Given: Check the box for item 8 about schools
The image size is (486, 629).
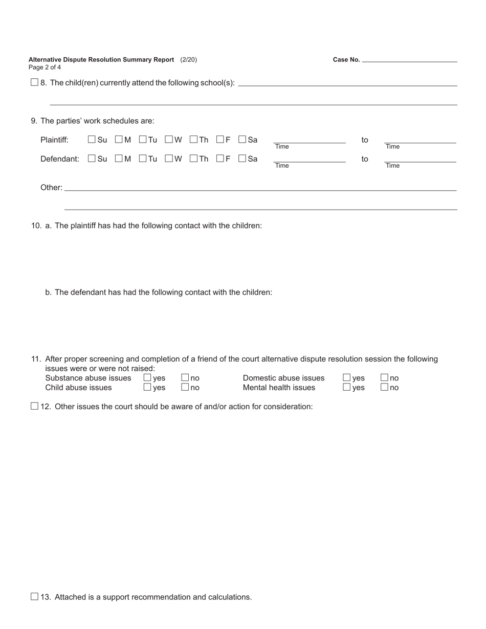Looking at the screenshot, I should pyautogui.click(x=34, y=82).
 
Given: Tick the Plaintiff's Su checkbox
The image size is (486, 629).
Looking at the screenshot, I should pyautogui.click(x=92, y=139).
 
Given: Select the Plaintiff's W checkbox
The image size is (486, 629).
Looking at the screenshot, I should pyautogui.click(x=169, y=139).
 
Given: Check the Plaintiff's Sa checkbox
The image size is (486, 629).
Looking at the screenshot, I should pyautogui.click(x=242, y=139).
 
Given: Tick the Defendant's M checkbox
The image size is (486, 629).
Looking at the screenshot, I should pyautogui.click(x=119, y=159).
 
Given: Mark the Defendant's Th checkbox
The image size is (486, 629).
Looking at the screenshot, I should pyautogui.click(x=193, y=159).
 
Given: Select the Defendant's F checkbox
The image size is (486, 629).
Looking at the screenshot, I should pyautogui.click(x=220, y=159).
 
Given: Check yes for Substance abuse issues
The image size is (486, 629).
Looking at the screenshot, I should pyautogui.click(x=147, y=377).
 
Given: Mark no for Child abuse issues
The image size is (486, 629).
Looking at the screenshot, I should pyautogui.click(x=185, y=387).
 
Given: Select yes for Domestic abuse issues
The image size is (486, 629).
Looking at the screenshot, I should pyautogui.click(x=347, y=377).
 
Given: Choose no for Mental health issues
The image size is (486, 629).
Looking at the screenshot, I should pyautogui.click(x=385, y=387).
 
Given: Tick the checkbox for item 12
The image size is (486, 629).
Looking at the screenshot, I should pyautogui.click(x=34, y=406).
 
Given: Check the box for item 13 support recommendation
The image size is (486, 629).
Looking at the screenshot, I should pyautogui.click(x=34, y=596).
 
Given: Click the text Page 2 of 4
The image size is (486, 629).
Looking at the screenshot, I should pyautogui.click(x=45, y=68).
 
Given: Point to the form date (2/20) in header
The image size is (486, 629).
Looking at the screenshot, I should pyautogui.click(x=188, y=60).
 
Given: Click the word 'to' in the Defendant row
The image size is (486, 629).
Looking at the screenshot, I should pyautogui.click(x=365, y=159).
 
